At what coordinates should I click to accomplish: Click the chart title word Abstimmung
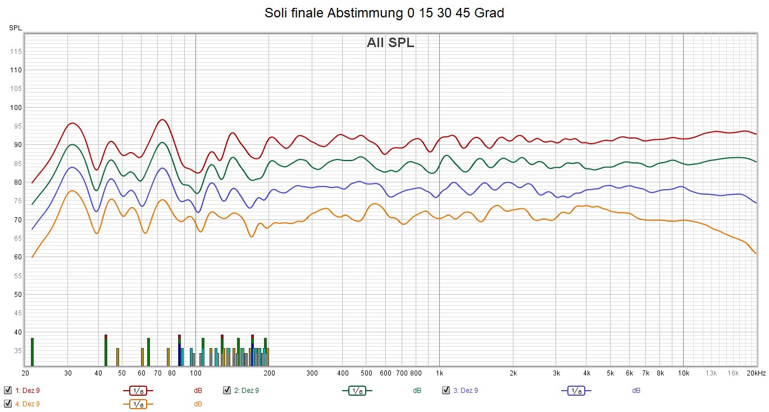[362, 13]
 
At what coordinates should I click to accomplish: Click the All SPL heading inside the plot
[390, 43]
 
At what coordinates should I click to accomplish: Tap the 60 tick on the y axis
[17, 257]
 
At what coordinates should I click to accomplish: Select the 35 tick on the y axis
[17, 351]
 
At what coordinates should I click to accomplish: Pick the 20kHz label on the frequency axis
[756, 373]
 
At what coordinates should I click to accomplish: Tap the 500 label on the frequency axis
[366, 373]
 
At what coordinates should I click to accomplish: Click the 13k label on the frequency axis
[711, 373]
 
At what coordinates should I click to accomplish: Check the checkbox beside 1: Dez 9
[8, 390]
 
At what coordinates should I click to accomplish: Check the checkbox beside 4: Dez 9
[8, 404]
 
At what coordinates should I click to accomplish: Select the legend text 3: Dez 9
[466, 390]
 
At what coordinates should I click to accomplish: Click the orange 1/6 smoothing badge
[138, 404]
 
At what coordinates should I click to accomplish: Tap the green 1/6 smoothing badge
[357, 390]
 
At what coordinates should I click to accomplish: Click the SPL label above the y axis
[15, 28]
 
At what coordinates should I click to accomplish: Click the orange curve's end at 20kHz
[756, 254]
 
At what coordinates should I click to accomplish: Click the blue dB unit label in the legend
[636, 390]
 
